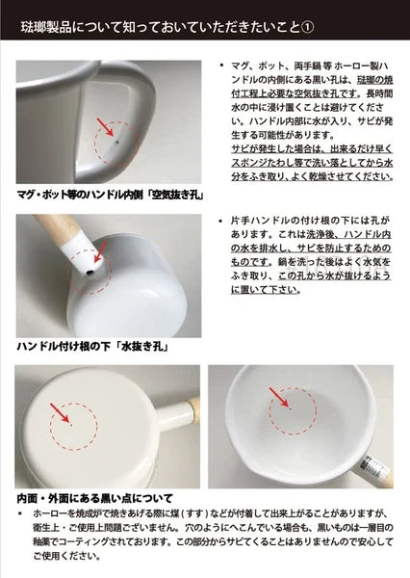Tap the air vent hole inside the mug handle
[116, 140]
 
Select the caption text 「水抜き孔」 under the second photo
[134, 344]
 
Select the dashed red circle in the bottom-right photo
[281, 410]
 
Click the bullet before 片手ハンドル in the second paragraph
[222, 221]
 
